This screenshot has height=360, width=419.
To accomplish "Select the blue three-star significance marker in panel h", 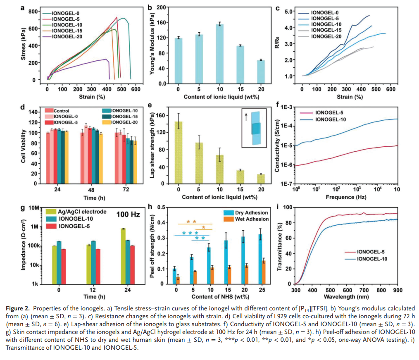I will pos(190,233).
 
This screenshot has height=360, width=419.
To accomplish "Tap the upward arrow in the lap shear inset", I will pos(247,117).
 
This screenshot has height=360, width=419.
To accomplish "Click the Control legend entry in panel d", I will pos(61,111).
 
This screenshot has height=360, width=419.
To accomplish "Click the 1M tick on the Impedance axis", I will pos(36,226).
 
